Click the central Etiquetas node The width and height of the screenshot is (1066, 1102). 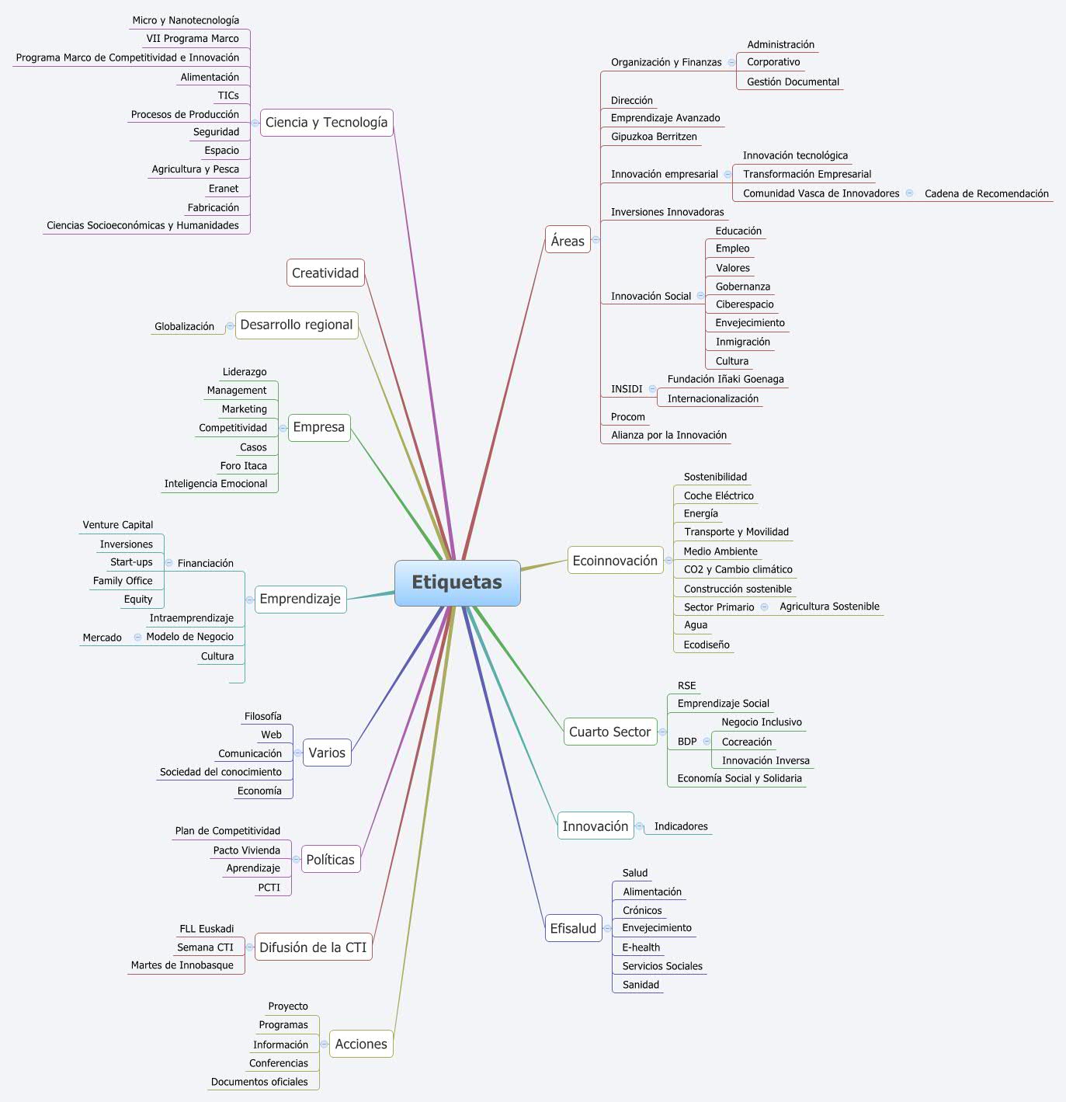pyautogui.click(x=457, y=582)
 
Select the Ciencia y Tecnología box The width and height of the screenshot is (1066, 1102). pyautogui.click(x=326, y=123)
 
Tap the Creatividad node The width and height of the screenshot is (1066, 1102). pyautogui.click(x=325, y=273)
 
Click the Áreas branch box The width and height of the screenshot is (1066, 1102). pyautogui.click(x=568, y=241)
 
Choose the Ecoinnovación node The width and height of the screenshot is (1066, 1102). pyautogui.click(x=615, y=561)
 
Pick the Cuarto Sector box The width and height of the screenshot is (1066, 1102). pyautogui.click(x=609, y=732)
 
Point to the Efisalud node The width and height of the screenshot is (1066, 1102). pyautogui.click(x=573, y=928)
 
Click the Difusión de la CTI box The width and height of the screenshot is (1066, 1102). pyautogui.click(x=313, y=947)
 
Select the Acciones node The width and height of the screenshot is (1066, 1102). pyautogui.click(x=361, y=1044)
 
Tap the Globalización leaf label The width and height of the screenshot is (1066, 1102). pyautogui.click(x=184, y=327)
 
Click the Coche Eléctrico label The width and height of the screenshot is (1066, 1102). pyautogui.click(x=718, y=495)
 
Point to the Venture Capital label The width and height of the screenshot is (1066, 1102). pyautogui.click(x=118, y=525)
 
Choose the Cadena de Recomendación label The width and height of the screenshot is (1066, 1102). pyautogui.click(x=986, y=194)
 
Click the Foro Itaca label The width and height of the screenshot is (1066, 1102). pyautogui.click(x=243, y=466)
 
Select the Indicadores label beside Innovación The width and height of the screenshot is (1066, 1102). pyautogui.click(x=681, y=826)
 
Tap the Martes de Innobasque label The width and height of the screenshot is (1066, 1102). pyautogui.click(x=182, y=965)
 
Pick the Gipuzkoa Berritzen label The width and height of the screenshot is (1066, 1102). pyautogui.click(x=654, y=137)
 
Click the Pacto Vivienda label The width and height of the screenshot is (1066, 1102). pyautogui.click(x=246, y=850)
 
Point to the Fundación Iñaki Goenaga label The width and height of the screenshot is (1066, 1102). pyautogui.click(x=725, y=380)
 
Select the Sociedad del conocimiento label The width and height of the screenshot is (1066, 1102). pyautogui.click(x=220, y=772)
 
